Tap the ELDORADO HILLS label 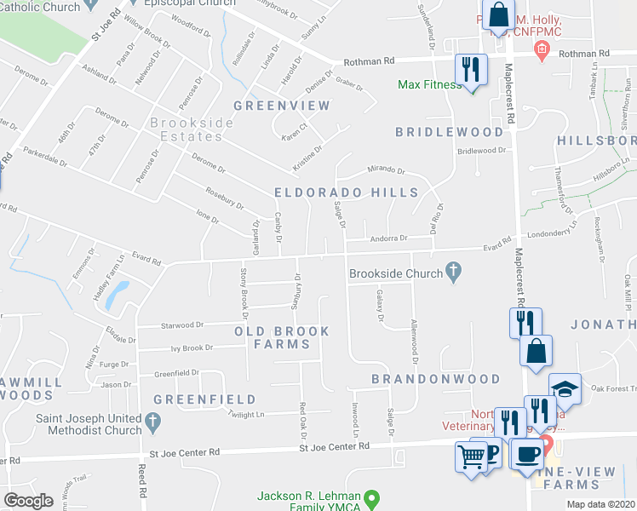(346, 193)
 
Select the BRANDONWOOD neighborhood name (435, 378)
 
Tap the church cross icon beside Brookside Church (455, 273)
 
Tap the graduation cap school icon (565, 388)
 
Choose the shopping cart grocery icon (471, 456)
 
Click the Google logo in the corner (28, 500)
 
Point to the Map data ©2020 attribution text (600, 504)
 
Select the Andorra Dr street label (388, 239)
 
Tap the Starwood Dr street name (182, 324)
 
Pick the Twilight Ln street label (246, 414)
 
